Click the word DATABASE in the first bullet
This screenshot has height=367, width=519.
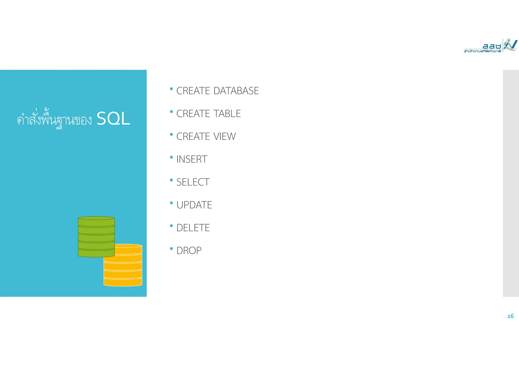(236, 91)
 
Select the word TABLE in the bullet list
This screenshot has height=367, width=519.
(227, 114)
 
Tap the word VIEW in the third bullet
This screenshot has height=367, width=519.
(225, 136)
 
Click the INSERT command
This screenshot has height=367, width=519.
(192, 159)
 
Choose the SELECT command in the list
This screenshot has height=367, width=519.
(193, 182)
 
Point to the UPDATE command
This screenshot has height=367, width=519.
(194, 205)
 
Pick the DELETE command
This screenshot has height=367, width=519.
(193, 228)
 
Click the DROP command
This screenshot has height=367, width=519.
(189, 251)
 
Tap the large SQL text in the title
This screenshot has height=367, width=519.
(113, 119)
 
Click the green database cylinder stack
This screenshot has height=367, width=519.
(96, 237)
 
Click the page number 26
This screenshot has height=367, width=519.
(510, 316)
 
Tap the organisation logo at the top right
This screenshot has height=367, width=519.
(490, 46)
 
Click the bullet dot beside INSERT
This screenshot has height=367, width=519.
(171, 157)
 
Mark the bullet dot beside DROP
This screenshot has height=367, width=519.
(171, 249)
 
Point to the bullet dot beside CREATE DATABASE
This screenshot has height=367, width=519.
(171, 89)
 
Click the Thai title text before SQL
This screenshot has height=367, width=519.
(54, 119)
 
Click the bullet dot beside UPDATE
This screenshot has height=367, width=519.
(171, 203)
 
